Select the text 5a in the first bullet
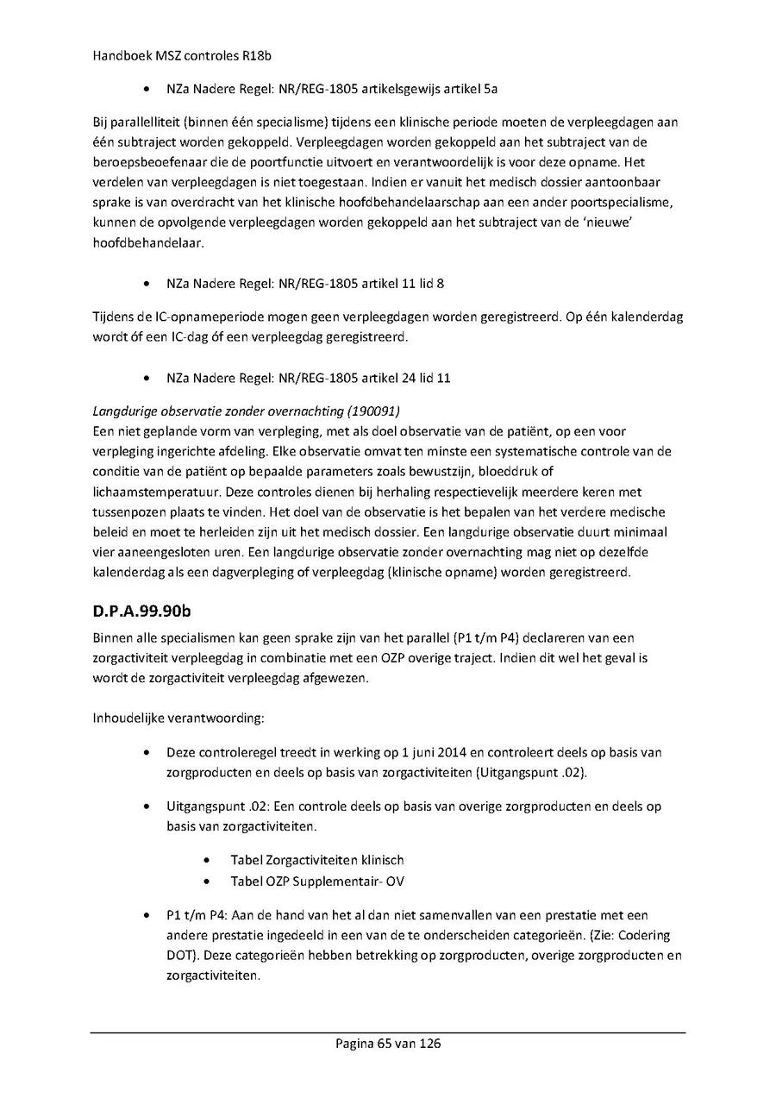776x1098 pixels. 491,89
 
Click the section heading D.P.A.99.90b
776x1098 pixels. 141,612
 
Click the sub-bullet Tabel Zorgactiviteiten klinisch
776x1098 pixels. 316,860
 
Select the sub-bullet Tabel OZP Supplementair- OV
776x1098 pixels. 316,882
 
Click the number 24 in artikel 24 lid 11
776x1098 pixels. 409,378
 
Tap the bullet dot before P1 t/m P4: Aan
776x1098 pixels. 151,915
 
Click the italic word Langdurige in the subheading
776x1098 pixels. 123,410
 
